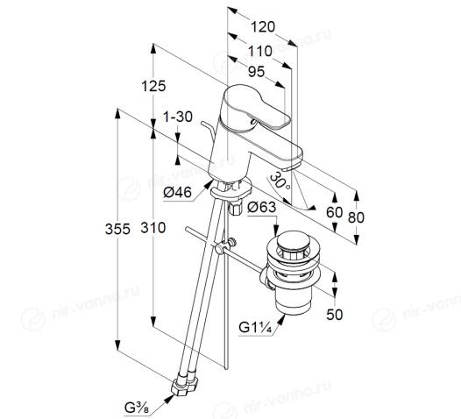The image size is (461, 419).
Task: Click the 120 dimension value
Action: [x=263, y=27]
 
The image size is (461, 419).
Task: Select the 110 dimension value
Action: [x=260, y=51]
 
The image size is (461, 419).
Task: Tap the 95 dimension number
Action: [x=257, y=72]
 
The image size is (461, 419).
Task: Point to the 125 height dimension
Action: [x=153, y=86]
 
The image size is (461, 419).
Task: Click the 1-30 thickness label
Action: [x=178, y=117]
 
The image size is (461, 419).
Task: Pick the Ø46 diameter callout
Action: [x=178, y=192]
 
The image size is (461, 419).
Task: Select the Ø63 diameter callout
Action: [x=262, y=207]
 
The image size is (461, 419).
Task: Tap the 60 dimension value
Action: [x=335, y=212]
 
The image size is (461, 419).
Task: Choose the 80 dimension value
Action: [x=356, y=217]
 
